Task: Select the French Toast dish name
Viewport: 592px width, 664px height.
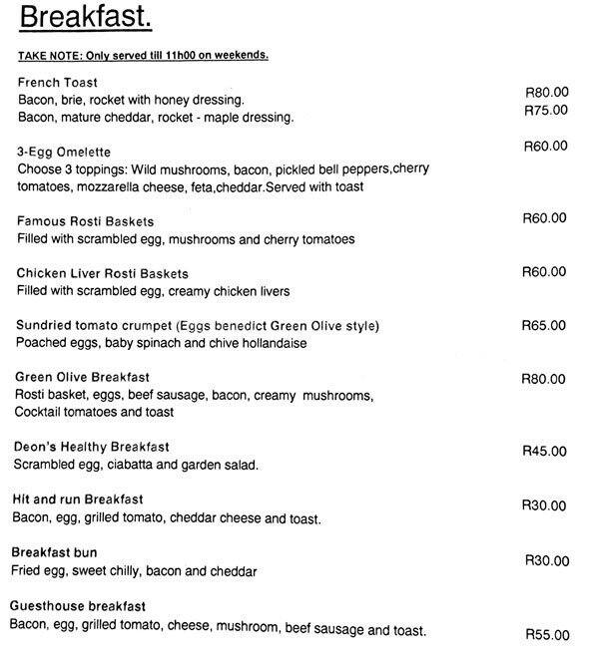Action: pyautogui.click(x=58, y=82)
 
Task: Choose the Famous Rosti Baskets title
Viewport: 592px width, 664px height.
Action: pyautogui.click(x=86, y=220)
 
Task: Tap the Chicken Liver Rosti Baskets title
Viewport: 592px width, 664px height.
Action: pyautogui.click(x=103, y=273)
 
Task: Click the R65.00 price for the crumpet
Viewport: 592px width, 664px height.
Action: pyautogui.click(x=544, y=326)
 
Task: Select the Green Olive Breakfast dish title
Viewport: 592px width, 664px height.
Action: pyautogui.click(x=83, y=378)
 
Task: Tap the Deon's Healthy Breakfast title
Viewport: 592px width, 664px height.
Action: pyautogui.click(x=91, y=447)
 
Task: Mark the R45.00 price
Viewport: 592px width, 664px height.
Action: pyautogui.click(x=544, y=451)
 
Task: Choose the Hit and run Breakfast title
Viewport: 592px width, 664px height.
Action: pyautogui.click(x=78, y=498)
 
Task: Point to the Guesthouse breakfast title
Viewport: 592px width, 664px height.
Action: pyautogui.click(x=78, y=606)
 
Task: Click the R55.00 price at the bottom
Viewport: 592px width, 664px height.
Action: pyautogui.click(x=547, y=635)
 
